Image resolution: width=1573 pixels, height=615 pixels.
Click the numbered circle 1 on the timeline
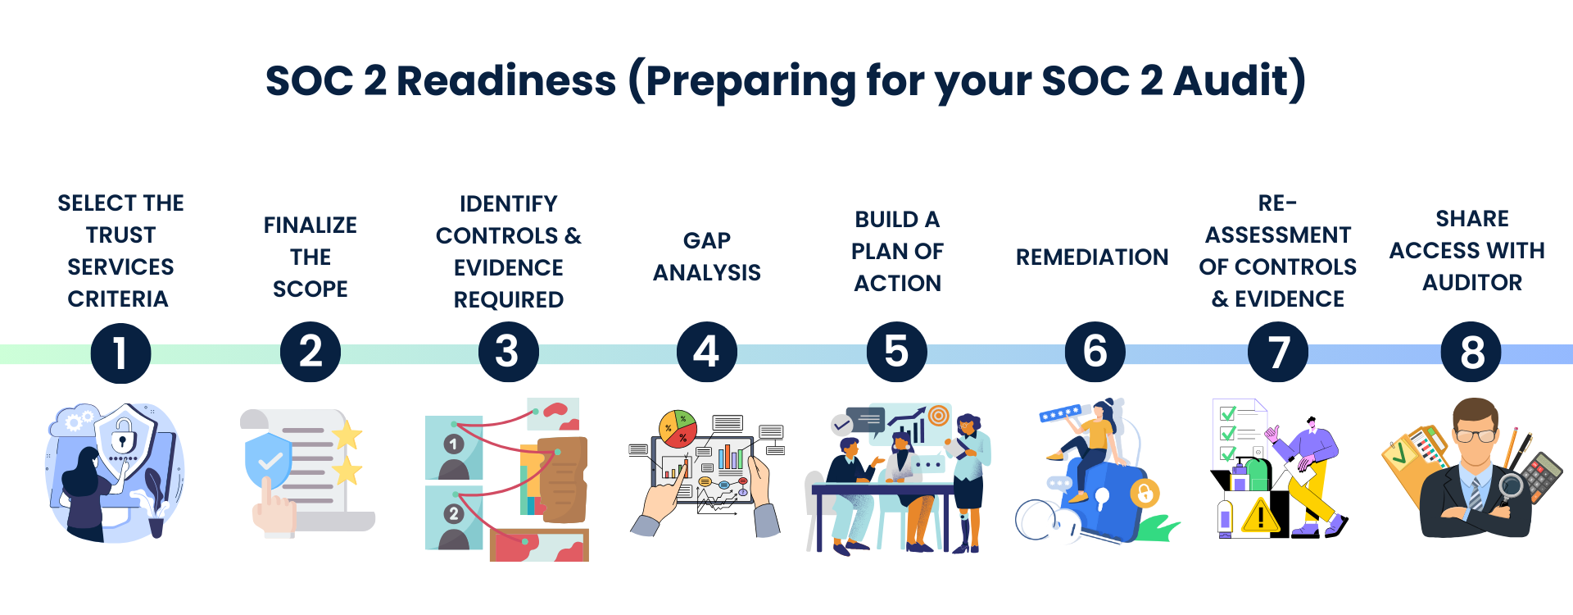click(x=120, y=353)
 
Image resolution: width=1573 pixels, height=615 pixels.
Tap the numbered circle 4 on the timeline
click(x=706, y=353)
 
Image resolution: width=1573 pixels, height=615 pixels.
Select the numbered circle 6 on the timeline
click(x=1095, y=353)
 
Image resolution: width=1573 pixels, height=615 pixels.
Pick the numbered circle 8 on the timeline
click(x=1471, y=353)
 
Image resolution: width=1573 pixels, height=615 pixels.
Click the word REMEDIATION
click(x=1092, y=257)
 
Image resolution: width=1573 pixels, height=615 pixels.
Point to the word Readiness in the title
click(x=505, y=81)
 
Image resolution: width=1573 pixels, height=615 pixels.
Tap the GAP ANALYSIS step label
click(x=706, y=257)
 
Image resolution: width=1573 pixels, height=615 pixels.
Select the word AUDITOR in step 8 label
click(x=1472, y=283)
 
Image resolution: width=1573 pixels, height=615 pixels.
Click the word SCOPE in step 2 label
click(x=311, y=289)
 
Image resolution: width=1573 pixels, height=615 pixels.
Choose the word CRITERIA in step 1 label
click(x=118, y=299)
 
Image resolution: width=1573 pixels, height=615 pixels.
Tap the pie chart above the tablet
click(x=678, y=428)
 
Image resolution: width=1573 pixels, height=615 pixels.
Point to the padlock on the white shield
click(x=123, y=434)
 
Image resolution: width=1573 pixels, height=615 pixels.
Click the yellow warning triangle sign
click(x=1261, y=516)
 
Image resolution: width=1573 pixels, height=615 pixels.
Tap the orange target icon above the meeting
click(x=939, y=416)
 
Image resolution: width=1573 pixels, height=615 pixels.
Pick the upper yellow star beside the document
click(x=347, y=435)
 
